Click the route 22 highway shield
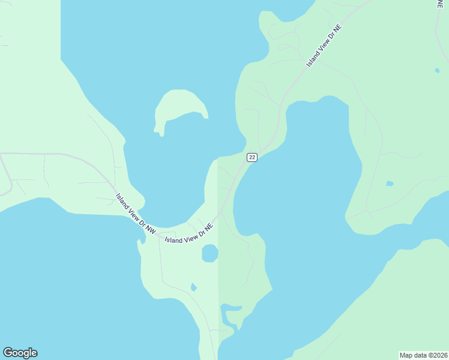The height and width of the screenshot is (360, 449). click(x=252, y=157)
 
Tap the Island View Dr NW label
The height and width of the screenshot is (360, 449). click(x=136, y=213)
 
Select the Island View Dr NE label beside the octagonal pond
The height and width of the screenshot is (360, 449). click(x=189, y=234)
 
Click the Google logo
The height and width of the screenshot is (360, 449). click(x=20, y=353)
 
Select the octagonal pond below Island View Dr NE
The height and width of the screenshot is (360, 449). click(x=209, y=254)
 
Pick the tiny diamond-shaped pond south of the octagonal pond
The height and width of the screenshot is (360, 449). click(x=193, y=287)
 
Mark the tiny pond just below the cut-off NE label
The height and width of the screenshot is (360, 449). click(x=437, y=70)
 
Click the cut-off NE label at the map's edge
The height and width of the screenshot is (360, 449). click(x=441, y=4)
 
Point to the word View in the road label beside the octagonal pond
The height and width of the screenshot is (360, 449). click(x=190, y=237)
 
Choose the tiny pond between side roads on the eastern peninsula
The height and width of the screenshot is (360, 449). click(x=390, y=183)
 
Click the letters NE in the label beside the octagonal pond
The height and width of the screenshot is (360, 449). click(x=209, y=227)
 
